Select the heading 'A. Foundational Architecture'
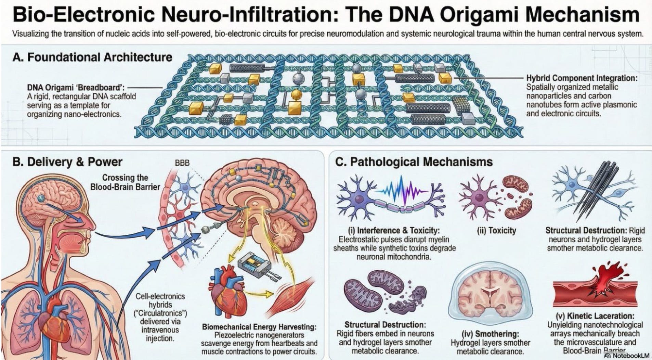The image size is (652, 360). (x=92, y=57)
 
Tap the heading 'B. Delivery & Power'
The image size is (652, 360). (x=67, y=162)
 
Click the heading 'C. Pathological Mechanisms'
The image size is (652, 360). (x=414, y=162)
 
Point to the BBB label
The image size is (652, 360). (x=182, y=163)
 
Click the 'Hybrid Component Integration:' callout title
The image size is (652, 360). (x=582, y=78)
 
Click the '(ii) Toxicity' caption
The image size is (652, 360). (x=496, y=230)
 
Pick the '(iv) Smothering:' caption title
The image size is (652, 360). (x=490, y=334)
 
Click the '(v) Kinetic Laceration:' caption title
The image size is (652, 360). (x=595, y=316)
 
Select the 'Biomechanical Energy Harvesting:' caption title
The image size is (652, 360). (x=259, y=327)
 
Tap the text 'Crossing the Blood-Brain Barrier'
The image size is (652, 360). (x=125, y=182)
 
